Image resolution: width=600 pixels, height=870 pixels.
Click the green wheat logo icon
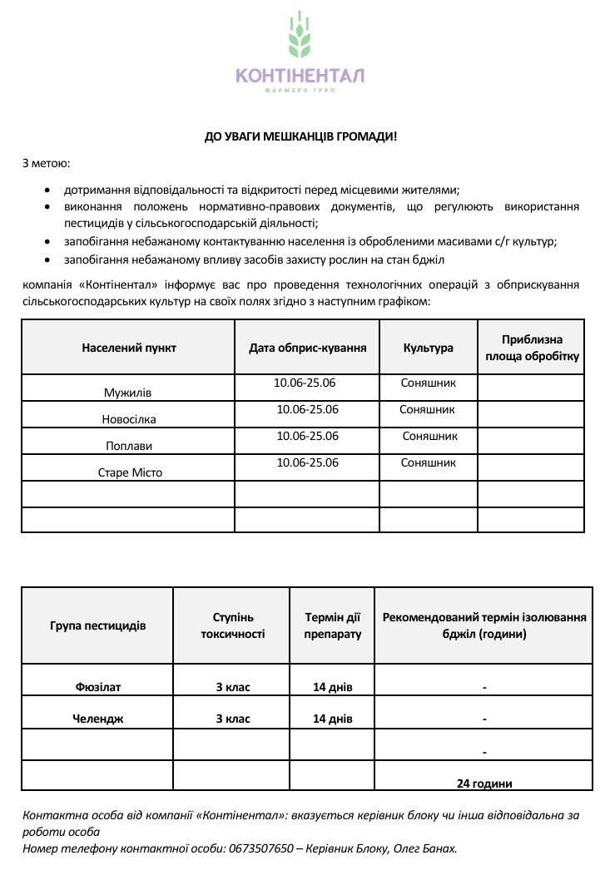300,37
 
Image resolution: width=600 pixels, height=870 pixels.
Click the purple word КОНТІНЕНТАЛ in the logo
300,76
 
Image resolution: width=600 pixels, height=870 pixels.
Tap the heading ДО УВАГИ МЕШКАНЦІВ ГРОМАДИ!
300,136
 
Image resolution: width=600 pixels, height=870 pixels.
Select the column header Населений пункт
129,348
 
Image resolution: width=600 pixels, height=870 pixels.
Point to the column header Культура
428,348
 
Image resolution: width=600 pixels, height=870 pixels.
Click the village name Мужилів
128,392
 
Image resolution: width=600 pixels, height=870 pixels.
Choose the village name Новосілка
129,419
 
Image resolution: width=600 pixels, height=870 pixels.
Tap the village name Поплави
129,446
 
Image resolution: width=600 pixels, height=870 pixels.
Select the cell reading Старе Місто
130,472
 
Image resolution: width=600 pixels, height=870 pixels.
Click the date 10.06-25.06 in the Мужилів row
305,383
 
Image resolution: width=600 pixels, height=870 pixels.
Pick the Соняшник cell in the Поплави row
430,436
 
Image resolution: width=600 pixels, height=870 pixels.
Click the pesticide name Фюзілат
98,687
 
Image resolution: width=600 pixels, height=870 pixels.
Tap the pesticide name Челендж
98,719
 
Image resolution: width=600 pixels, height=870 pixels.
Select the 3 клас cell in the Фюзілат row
233,687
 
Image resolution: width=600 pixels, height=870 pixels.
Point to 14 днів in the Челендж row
333,719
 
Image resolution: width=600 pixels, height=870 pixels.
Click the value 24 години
484,783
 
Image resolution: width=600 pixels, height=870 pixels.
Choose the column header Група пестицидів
98,625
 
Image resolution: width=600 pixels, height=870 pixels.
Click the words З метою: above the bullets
46,163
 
